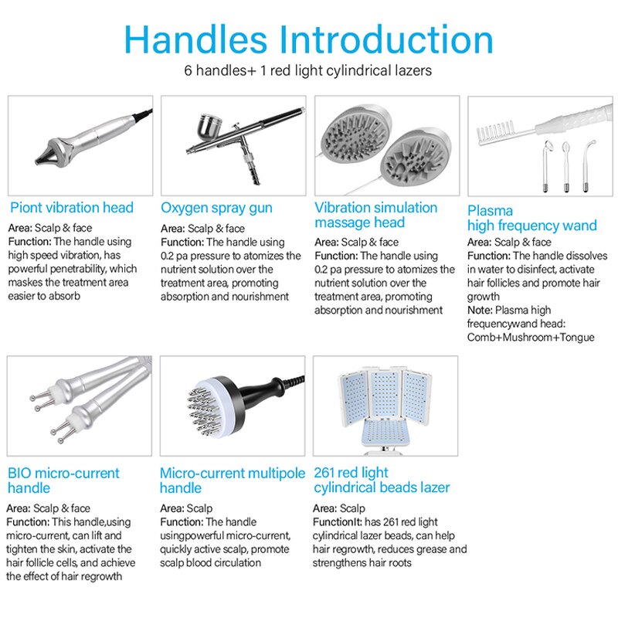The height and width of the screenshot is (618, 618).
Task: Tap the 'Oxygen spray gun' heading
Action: [217, 208]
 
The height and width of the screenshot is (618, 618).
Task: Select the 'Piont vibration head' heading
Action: [72, 208]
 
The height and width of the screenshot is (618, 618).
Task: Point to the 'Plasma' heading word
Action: [490, 211]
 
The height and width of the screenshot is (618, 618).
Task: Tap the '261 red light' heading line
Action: [351, 473]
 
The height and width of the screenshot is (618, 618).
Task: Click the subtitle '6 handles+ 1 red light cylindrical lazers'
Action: [308, 70]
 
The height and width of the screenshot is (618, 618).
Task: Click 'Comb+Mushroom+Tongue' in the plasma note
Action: [531, 338]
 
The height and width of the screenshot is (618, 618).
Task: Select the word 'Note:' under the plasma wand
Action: [481, 310]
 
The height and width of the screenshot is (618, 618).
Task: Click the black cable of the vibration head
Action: [142, 114]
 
